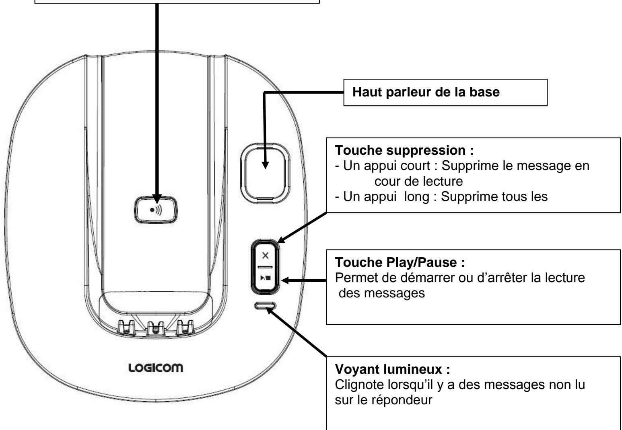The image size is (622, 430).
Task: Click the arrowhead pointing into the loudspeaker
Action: click(264, 164)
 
